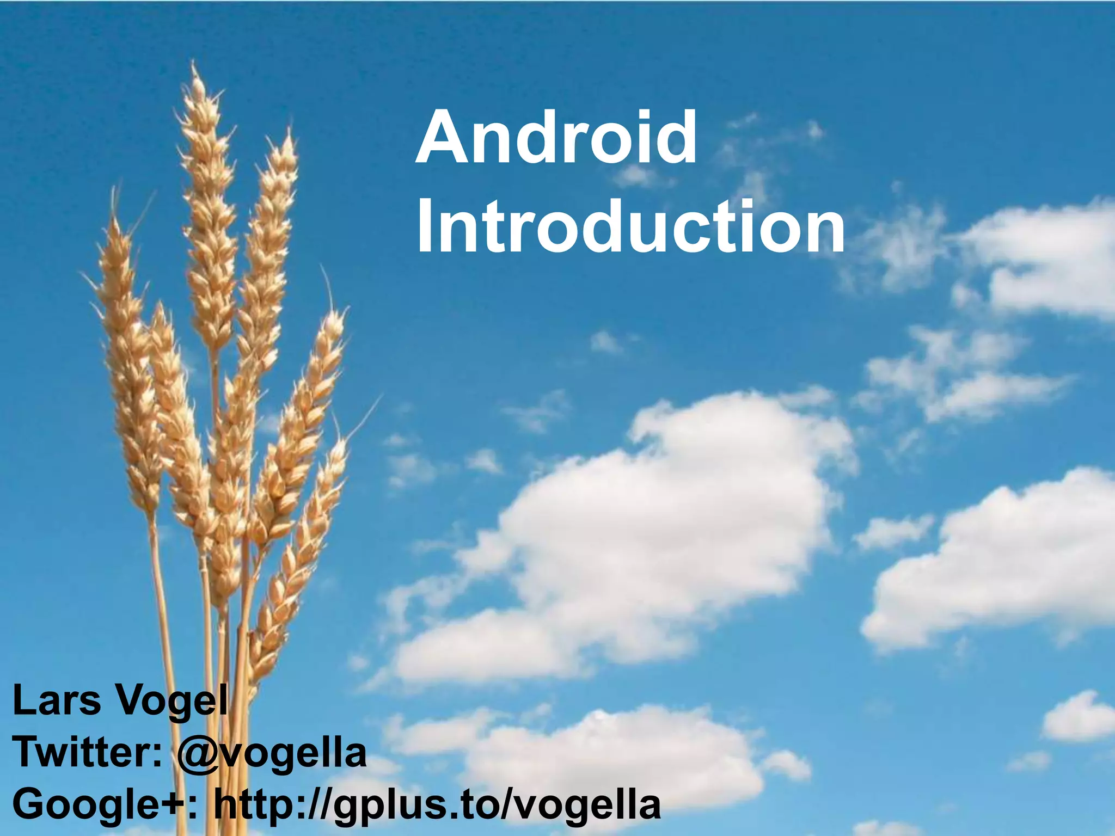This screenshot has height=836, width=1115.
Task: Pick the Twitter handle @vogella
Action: pyautogui.click(x=272, y=754)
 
